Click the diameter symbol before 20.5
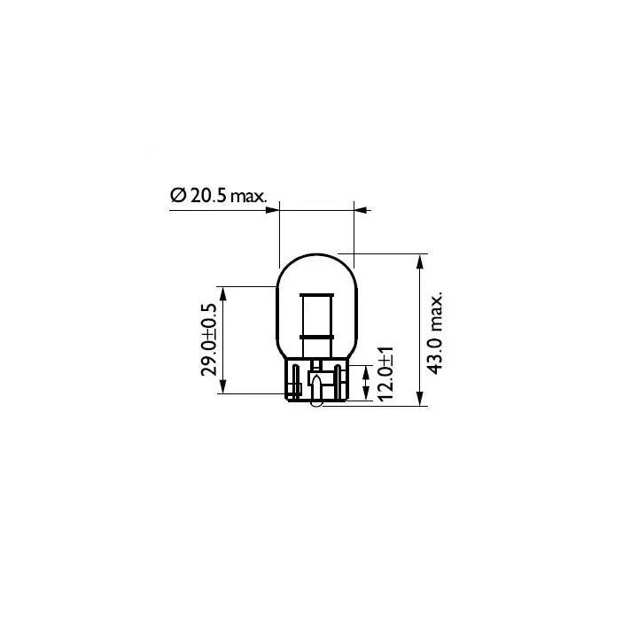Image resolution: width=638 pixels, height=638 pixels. (178, 196)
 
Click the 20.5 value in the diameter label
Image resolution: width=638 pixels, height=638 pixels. (207, 196)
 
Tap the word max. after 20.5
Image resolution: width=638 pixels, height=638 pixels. (248, 198)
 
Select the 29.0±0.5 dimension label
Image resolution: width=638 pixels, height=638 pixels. (210, 339)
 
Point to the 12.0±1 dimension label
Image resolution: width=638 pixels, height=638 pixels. (385, 374)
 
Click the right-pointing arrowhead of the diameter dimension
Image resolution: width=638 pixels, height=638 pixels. (272, 210)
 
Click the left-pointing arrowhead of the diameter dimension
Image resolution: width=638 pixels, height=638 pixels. (362, 210)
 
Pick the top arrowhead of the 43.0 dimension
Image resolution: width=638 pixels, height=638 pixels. (420, 261)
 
